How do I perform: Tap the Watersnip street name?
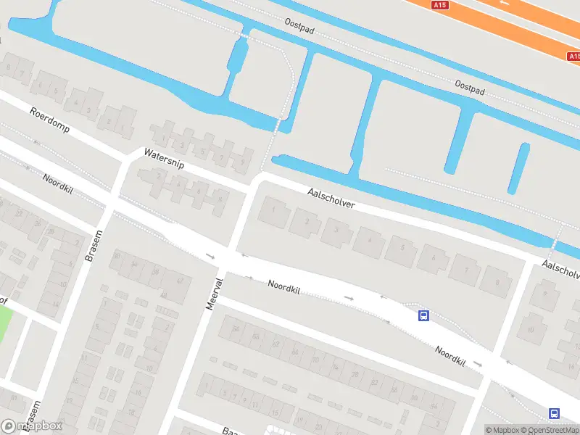coord(165,159)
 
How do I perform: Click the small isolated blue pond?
coord(518,168)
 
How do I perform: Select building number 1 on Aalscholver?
coord(273,211)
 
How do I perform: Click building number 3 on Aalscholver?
coord(337,231)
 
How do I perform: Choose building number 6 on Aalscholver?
coord(434,259)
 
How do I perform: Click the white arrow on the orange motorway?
coord(505,3)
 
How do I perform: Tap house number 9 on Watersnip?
coord(242,161)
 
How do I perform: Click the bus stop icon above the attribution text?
coord(554,413)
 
